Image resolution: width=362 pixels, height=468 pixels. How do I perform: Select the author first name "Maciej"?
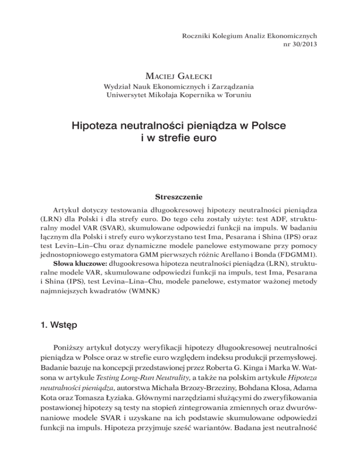click(164, 75)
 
